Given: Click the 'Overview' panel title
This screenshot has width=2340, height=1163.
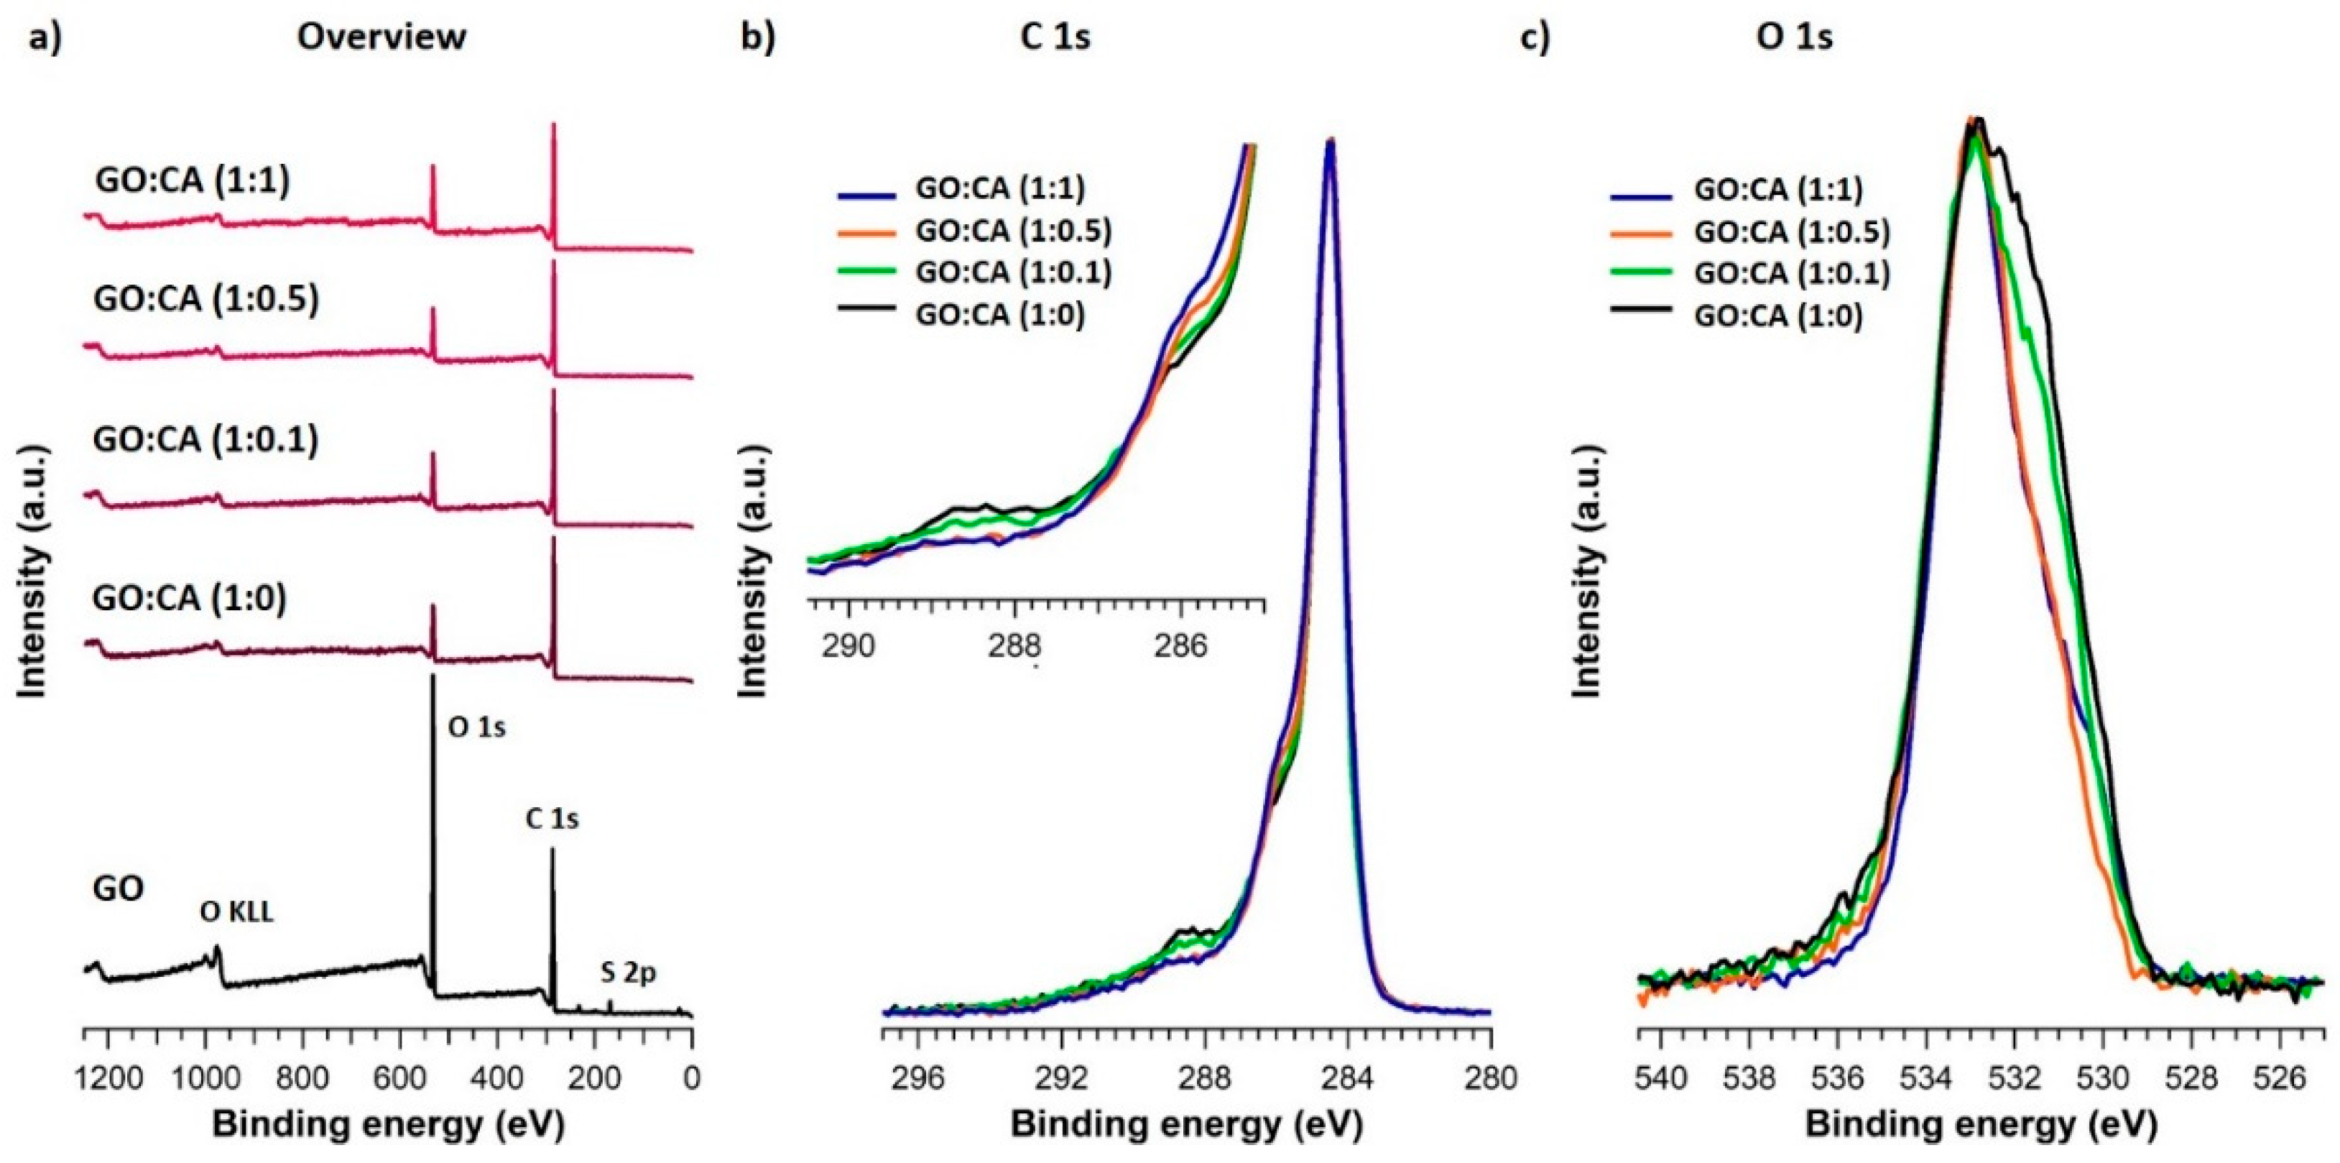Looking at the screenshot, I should pyautogui.click(x=381, y=37).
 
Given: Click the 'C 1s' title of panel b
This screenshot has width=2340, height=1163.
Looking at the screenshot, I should pyautogui.click(x=1055, y=37).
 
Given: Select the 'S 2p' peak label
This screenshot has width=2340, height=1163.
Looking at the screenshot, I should pyautogui.click(x=628, y=973).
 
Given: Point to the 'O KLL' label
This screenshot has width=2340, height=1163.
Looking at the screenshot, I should pyautogui.click(x=236, y=913).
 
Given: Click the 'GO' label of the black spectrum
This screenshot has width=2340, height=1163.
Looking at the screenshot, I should pyautogui.click(x=118, y=888).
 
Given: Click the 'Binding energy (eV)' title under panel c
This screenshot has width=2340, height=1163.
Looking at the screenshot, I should pyautogui.click(x=1980, y=1126).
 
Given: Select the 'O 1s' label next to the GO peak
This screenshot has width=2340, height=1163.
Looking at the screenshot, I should pyautogui.click(x=477, y=728).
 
